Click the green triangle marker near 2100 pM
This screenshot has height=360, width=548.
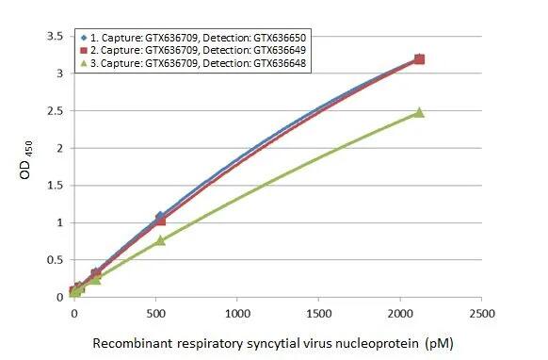(x=419, y=112)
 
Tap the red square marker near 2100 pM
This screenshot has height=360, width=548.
(x=419, y=59)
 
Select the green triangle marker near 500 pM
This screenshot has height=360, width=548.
(x=160, y=240)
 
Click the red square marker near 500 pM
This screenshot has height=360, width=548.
(x=160, y=220)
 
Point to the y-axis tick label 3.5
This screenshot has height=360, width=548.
(x=55, y=36)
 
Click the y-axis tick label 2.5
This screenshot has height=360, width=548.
(x=55, y=111)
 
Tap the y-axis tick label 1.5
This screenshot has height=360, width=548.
(x=55, y=186)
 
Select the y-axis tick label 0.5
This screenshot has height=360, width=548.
(x=55, y=260)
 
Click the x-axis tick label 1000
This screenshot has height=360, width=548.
(x=237, y=312)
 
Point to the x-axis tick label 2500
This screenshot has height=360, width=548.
(x=483, y=312)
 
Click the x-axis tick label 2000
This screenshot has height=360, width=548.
(x=401, y=312)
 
